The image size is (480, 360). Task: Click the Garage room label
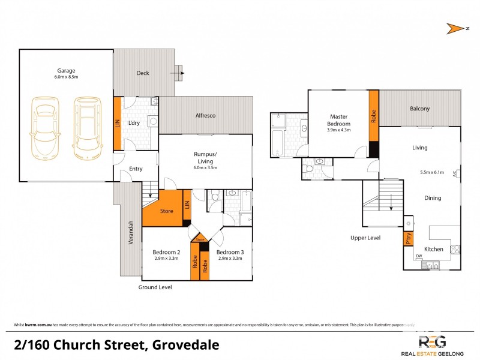[66, 70]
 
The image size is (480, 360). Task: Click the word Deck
[142, 73]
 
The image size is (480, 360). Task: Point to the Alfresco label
[205, 115]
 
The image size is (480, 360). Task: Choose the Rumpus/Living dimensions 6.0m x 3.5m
[205, 168]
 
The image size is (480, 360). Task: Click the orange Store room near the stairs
[166, 210]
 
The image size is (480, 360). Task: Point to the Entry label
[136, 169]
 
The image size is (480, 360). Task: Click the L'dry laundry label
[134, 123]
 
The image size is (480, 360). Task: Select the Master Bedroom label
[339, 119]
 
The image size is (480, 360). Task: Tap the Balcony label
[419, 109]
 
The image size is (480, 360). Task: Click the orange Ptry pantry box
[408, 238]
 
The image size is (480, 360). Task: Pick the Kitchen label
[433, 248]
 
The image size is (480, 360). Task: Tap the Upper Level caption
[365, 238]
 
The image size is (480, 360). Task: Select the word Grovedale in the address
[185, 345]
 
